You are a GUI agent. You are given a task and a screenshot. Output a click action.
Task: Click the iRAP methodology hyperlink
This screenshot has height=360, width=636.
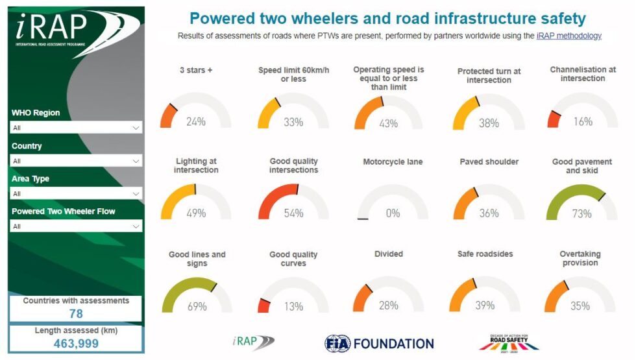tap(569, 36)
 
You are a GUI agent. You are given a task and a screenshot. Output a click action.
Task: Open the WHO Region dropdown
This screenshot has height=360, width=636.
tap(77, 128)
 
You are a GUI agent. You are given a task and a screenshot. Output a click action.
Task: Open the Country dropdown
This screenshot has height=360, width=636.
tap(77, 161)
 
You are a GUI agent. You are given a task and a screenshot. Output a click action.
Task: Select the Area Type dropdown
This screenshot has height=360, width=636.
tap(77, 193)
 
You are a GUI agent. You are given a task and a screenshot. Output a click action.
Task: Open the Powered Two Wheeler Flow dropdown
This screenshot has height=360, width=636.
tap(77, 226)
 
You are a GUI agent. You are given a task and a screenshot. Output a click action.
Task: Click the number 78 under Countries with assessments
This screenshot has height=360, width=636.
tap(76, 314)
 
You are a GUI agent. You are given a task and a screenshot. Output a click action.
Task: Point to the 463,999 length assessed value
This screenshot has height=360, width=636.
tap(76, 344)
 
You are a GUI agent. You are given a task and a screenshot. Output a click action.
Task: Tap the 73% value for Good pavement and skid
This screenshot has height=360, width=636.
tap(581, 213)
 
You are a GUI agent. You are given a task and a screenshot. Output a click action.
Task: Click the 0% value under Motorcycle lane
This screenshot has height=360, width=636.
tap(393, 213)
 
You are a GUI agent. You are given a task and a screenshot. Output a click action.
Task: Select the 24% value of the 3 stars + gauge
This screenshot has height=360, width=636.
tap(195, 121)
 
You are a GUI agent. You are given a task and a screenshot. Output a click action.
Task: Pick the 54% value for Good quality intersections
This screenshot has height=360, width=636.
tap(293, 213)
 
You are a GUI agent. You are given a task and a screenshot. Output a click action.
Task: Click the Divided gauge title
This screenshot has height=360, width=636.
tap(389, 254)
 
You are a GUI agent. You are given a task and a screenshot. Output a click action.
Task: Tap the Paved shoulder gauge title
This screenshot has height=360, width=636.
tap(489, 162)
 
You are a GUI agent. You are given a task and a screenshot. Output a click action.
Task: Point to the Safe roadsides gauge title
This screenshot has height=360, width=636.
tap(485, 254)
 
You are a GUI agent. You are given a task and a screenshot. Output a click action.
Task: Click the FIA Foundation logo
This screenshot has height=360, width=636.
tap(379, 343)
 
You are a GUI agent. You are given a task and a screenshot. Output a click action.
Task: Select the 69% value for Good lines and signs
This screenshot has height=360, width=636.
tap(197, 306)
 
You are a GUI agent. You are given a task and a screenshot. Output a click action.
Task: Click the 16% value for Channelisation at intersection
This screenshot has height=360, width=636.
tap(583, 121)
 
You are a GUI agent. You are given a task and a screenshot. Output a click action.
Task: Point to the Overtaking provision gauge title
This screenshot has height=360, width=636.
tap(580, 258)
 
